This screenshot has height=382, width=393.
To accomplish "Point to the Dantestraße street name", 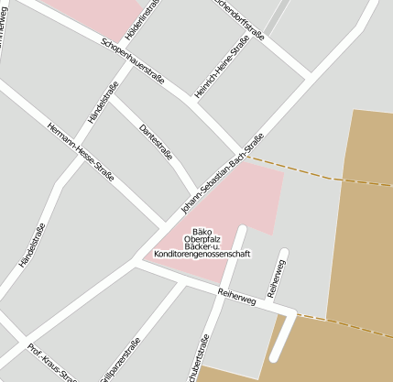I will tap(155, 142).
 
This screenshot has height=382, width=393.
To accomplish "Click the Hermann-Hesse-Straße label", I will tap(81, 151).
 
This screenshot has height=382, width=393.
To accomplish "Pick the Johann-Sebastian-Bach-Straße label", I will tap(223, 174).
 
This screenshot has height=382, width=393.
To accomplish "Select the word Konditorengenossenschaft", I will tap(202, 254).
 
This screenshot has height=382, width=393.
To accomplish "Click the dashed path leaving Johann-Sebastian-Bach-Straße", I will tap(293, 169).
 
